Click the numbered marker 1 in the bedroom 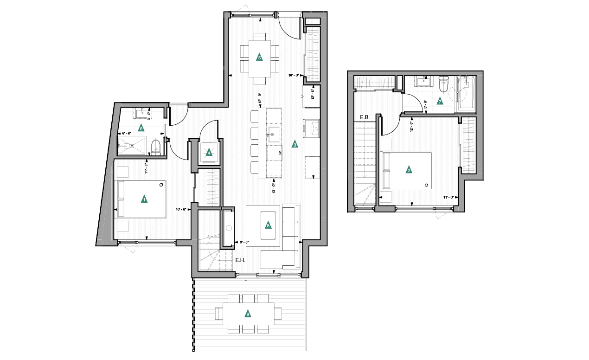coord(144,199)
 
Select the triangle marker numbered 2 coord(409,170)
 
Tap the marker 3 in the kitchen coord(294,144)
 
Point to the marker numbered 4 coord(209,152)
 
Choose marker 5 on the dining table coord(259,58)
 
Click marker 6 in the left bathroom coord(141,128)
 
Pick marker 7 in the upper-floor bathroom coord(440,101)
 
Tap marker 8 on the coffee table coord(268,225)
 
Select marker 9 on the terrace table coord(248,314)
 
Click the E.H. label coord(240,261)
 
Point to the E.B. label coord(364,117)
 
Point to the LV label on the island coord(280,153)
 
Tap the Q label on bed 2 coord(425,185)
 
